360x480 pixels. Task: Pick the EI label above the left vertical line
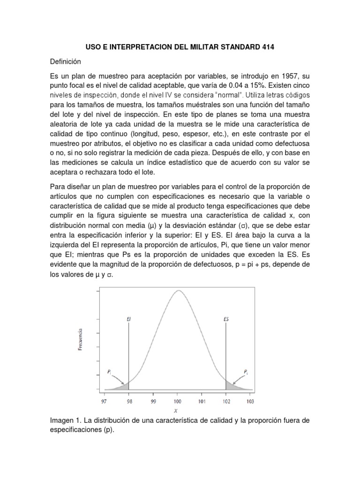pyautogui.click(x=128, y=319)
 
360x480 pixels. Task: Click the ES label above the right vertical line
pyautogui.click(x=226, y=319)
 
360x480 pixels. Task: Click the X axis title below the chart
pyautogui.click(x=177, y=411)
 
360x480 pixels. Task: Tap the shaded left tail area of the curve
pyautogui.click(x=123, y=386)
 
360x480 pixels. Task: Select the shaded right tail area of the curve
pyautogui.click(x=231, y=386)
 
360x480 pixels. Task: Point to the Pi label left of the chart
pyautogui.click(x=109, y=373)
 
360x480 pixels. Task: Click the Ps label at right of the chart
pyautogui.click(x=246, y=372)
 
